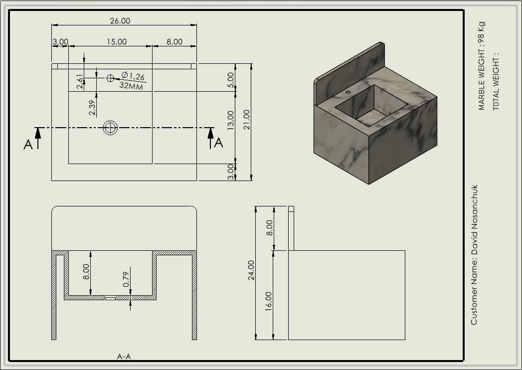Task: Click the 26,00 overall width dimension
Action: click(120, 21)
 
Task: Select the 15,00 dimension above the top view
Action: click(117, 42)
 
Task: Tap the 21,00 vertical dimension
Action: click(247, 120)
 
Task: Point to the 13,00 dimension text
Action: click(230, 120)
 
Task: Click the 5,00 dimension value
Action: click(230, 80)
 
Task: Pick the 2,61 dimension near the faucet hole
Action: click(80, 82)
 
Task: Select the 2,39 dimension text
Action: click(92, 108)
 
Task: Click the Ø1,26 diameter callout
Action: click(133, 76)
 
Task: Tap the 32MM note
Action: click(131, 86)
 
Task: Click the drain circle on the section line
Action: click(110, 128)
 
